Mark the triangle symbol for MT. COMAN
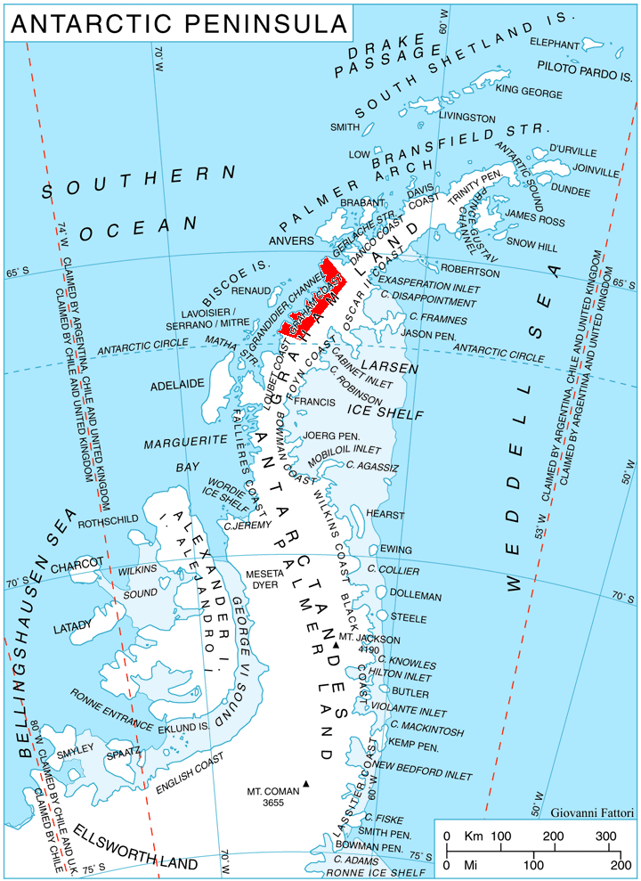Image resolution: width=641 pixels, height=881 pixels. [x=305, y=784]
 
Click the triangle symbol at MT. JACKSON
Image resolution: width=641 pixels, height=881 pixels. [x=335, y=644]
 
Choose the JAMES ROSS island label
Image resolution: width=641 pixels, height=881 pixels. [x=534, y=215]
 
